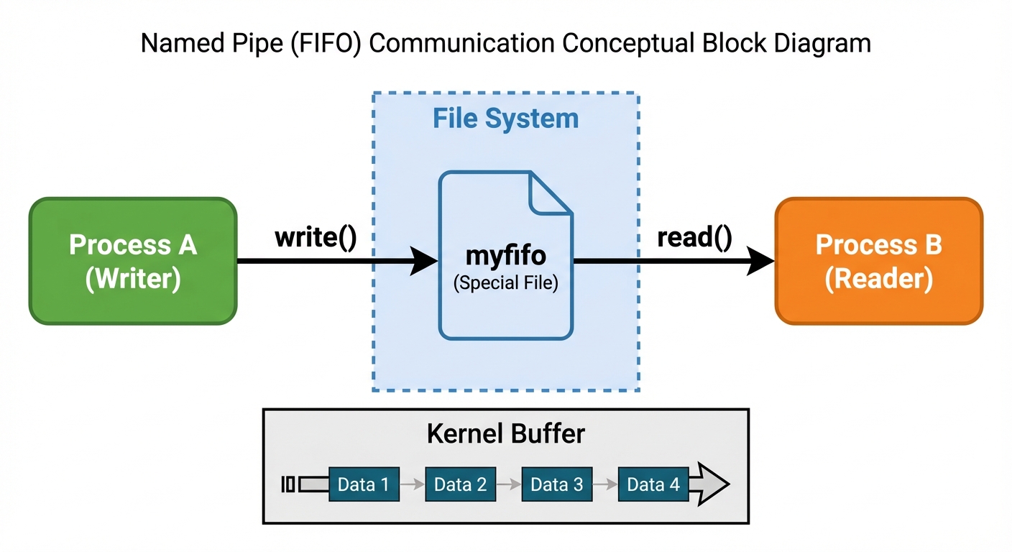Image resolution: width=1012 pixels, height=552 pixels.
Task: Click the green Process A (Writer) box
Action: click(x=132, y=260)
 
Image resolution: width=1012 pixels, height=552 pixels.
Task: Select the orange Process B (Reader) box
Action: click(x=878, y=260)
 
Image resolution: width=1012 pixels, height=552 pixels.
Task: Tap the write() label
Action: click(x=316, y=238)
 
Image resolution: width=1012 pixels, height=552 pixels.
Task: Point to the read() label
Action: click(x=694, y=238)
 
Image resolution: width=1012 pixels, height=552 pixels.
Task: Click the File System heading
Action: click(x=505, y=119)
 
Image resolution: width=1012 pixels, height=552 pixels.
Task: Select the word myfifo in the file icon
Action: click(x=505, y=256)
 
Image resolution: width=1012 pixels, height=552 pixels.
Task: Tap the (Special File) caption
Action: click(x=505, y=282)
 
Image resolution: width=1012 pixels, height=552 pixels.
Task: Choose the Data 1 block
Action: click(x=363, y=484)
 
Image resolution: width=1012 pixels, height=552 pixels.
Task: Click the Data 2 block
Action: click(x=460, y=484)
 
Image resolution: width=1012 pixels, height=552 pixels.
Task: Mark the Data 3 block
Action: click(x=556, y=484)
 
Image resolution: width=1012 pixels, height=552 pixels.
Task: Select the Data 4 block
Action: click(x=653, y=484)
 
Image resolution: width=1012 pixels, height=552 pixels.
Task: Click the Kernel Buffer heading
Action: click(x=505, y=434)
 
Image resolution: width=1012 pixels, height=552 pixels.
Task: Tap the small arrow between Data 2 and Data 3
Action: click(x=509, y=484)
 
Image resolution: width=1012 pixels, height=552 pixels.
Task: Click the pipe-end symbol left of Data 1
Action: click(x=287, y=484)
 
